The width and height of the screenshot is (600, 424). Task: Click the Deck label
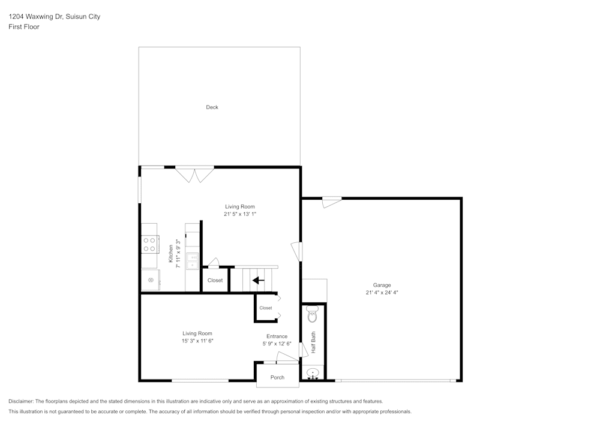[x=212, y=107]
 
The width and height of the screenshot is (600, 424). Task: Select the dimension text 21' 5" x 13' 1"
[x=239, y=214]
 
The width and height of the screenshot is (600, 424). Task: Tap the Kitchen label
[x=171, y=254]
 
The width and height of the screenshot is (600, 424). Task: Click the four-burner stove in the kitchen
[x=149, y=245]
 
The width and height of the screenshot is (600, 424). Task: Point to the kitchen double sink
[x=193, y=261]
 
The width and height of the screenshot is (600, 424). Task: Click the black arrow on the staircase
[x=258, y=280]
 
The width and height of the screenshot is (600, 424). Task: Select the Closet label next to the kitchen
[x=215, y=281]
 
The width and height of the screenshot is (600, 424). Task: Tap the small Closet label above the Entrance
[x=266, y=308]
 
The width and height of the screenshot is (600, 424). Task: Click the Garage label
[x=382, y=285]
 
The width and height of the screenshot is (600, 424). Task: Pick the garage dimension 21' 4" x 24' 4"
[x=382, y=293]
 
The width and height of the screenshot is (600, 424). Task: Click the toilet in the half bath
[x=313, y=313]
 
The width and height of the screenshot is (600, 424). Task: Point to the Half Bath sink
[x=313, y=373]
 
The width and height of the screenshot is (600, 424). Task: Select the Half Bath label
[x=313, y=342]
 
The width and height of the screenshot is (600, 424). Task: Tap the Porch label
[x=277, y=377]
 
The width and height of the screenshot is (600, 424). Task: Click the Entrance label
[x=277, y=336]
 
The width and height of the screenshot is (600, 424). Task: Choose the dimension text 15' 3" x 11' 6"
[x=197, y=341]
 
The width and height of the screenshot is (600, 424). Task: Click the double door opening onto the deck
[x=194, y=174]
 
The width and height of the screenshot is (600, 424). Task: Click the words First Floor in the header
[x=24, y=27]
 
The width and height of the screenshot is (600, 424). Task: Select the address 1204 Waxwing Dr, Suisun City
[x=54, y=17]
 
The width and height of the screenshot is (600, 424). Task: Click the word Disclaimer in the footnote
[x=21, y=401]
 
